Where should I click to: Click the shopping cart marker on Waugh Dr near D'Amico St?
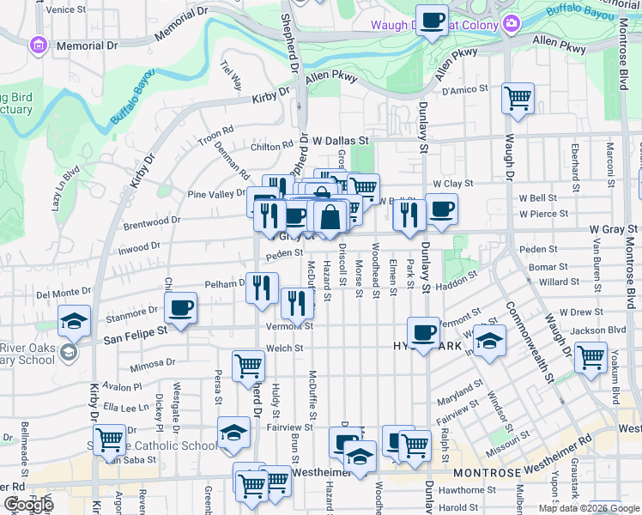pos(518,100)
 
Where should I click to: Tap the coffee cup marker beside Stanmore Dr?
pos(181,308)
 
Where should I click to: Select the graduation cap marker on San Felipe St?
pos(75,322)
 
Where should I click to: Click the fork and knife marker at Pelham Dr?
pos(262,288)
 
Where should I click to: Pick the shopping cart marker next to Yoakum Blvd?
pos(591,356)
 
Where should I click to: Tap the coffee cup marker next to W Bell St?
pos(441,209)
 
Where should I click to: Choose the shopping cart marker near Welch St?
pos(248,365)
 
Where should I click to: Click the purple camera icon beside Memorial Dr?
pos(37,44)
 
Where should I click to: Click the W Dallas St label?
pos(339,139)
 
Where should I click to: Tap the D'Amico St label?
pos(464,89)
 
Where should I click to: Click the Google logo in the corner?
pos(28,505)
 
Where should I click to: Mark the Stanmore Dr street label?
pos(135,311)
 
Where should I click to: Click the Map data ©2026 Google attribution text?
pos(589,508)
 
